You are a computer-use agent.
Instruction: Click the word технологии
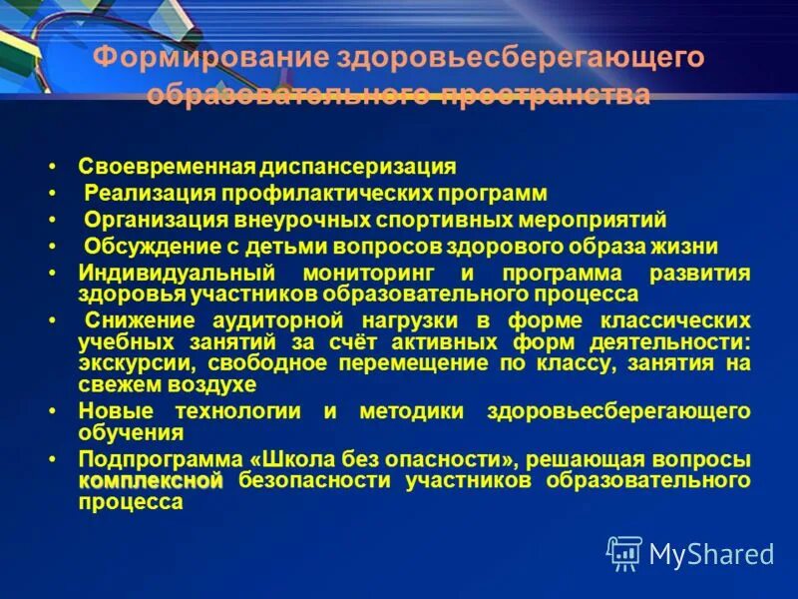pyautogui.click(x=235, y=412)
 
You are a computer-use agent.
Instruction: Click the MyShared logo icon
pyautogui.click(x=624, y=552)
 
